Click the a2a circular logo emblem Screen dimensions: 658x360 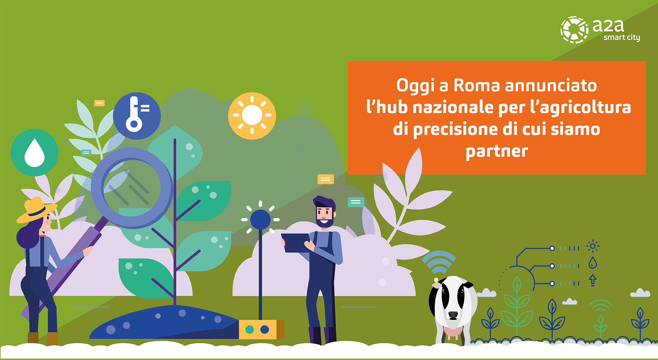[575, 30]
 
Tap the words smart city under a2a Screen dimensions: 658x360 [622, 37]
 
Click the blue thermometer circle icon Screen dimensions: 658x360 [137, 116]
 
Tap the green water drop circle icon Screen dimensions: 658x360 [35, 153]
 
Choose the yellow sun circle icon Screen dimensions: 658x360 [252, 116]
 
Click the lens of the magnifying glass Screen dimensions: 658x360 [132, 188]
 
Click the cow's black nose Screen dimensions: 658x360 [453, 315]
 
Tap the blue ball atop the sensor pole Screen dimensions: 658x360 [260, 219]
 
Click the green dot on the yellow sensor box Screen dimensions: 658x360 [250, 329]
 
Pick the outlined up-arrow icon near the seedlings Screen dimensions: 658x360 [593, 280]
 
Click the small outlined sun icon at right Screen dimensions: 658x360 [593, 246]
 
